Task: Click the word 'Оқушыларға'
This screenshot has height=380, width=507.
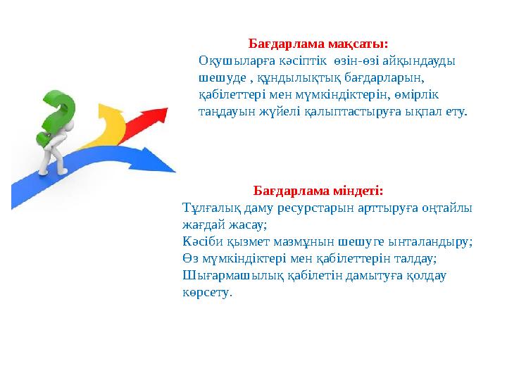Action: [x=228, y=61]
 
